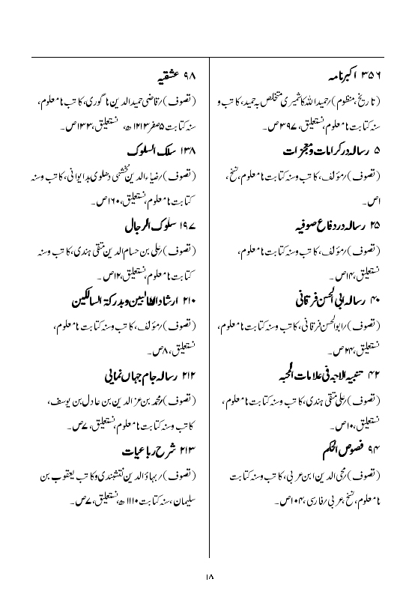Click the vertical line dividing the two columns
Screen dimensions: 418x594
[209, 300]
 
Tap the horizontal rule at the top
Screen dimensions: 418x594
[209, 56]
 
